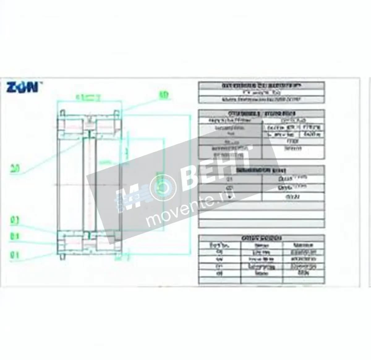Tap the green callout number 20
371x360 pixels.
(15, 169)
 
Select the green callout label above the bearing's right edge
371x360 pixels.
(164, 95)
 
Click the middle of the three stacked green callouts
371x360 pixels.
(15, 236)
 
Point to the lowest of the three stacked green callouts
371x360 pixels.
(15, 255)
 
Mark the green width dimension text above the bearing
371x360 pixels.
(88, 98)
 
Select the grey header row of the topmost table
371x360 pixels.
(261, 86)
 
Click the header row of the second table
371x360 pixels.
(261, 113)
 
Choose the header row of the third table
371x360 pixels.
(261, 170)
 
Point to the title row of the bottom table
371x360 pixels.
(261, 238)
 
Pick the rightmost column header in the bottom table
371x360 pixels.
(303, 246)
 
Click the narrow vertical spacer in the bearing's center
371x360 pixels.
(89, 184)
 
